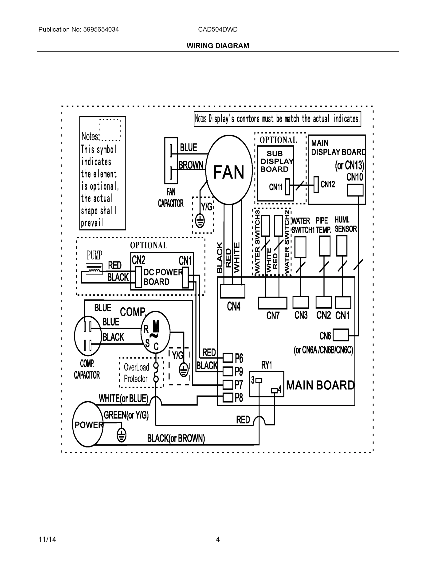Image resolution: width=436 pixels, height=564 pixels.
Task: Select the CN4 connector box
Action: [232, 291]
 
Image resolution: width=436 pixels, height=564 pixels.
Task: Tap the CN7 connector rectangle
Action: [272, 303]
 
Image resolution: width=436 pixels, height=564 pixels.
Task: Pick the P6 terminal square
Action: [228, 358]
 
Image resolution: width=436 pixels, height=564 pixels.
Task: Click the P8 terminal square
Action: [228, 397]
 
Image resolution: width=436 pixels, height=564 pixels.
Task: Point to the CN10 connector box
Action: [355, 190]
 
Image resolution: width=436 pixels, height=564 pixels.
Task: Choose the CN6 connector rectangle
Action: [341, 335]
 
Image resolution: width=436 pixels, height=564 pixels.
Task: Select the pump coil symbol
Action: [94, 269]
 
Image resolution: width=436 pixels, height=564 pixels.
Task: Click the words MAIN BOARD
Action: [320, 385]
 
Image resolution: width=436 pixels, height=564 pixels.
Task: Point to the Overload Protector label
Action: [136, 373]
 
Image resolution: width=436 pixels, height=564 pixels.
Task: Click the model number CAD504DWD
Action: [218, 29]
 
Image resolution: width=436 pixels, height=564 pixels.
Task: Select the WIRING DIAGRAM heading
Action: [218, 46]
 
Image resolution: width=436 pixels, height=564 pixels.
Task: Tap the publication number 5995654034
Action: [101, 29]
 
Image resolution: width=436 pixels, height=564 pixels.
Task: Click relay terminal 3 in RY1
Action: [259, 380]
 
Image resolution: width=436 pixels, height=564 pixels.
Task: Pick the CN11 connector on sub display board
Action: [287, 187]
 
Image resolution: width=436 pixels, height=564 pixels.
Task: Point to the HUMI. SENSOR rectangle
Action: [342, 246]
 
